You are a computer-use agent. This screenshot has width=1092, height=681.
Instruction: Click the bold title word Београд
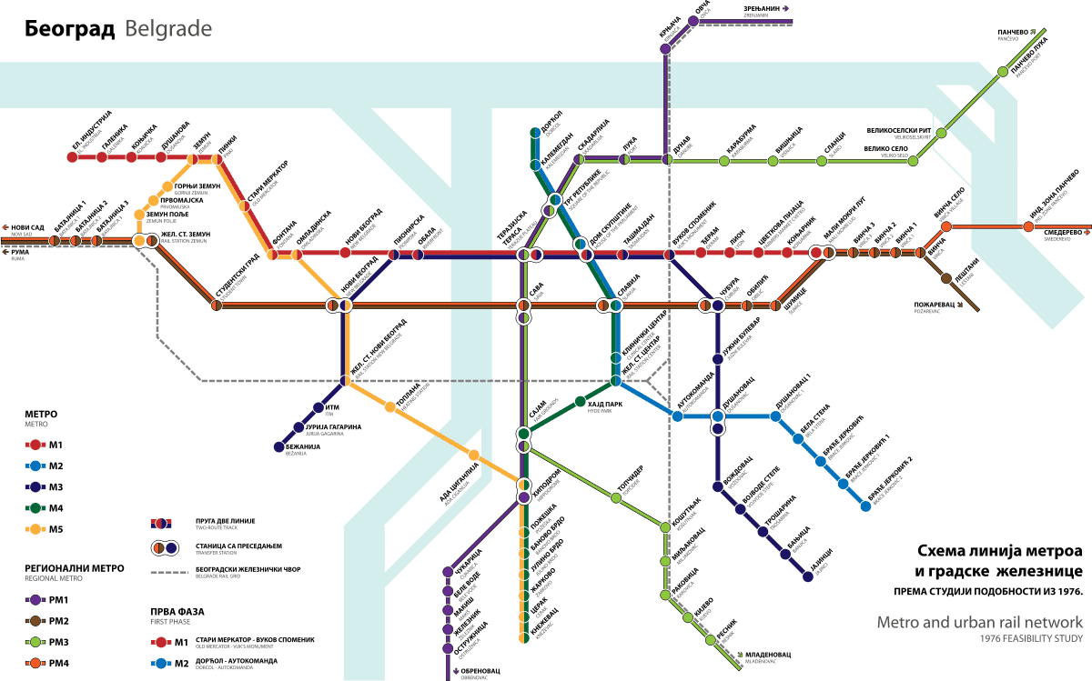click(x=69, y=29)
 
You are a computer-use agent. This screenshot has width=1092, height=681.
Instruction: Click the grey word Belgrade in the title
click(x=168, y=29)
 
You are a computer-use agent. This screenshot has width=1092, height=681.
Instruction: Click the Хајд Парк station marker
click(x=580, y=401)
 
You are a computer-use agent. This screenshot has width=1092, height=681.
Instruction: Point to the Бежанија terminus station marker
click(x=279, y=446)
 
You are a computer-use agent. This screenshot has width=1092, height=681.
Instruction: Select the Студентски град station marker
click(x=217, y=305)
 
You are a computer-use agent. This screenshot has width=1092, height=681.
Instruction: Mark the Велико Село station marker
click(x=913, y=161)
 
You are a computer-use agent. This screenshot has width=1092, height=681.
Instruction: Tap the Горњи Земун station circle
click(x=167, y=187)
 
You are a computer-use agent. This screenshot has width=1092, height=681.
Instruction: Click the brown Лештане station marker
click(x=946, y=278)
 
